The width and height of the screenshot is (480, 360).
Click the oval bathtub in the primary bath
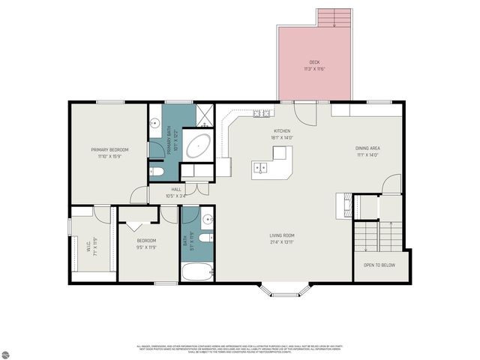click(x=198, y=145)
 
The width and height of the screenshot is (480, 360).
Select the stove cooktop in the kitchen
click(x=262, y=114)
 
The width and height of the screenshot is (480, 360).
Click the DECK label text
click(x=314, y=62)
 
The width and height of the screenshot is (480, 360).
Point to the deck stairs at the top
click(x=334, y=18)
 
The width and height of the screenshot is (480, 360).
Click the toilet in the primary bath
click(x=157, y=172)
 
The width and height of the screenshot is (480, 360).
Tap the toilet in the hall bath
click(x=208, y=238)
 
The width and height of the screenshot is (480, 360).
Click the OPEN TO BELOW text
click(x=380, y=265)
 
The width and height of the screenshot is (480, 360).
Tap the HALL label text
click(x=176, y=190)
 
